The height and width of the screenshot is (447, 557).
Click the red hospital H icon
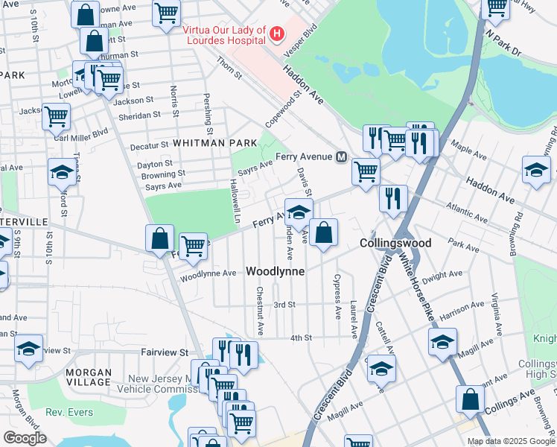(277, 34)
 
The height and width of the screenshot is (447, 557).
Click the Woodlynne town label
(276, 272)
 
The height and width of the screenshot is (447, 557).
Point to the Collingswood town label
(395, 244)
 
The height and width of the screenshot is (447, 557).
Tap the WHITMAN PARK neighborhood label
(215, 142)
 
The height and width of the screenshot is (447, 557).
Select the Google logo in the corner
(25, 438)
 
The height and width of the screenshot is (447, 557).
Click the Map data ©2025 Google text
(510, 441)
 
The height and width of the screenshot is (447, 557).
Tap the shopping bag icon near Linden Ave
(324, 233)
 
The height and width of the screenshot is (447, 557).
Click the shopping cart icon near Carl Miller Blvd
(56, 117)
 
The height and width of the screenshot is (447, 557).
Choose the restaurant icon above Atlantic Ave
(392, 198)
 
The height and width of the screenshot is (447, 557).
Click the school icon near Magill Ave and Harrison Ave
(442, 343)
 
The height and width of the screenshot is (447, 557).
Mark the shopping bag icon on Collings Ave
(471, 399)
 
